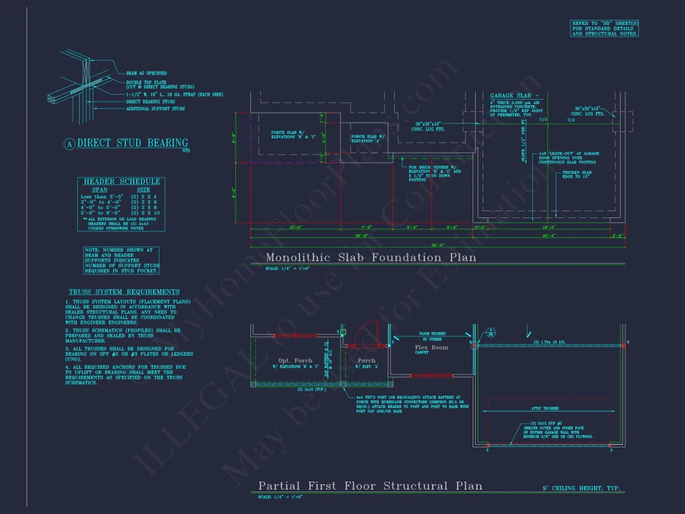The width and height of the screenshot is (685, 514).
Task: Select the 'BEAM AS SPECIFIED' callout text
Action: coord(146,73)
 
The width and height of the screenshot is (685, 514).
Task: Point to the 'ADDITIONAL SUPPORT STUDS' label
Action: coord(155,109)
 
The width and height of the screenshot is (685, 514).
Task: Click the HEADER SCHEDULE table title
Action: coord(122,181)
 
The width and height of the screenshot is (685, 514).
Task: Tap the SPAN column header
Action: coord(100,189)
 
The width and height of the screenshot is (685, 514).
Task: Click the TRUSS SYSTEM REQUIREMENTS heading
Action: coord(124,292)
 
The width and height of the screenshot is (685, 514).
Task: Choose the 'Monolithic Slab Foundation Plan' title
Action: coord(371,257)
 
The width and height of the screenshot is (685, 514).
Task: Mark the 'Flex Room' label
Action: coord(432,347)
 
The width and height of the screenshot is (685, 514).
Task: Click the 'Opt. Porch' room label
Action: coord(295,360)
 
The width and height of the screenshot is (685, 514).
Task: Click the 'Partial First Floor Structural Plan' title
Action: coord(370,486)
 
